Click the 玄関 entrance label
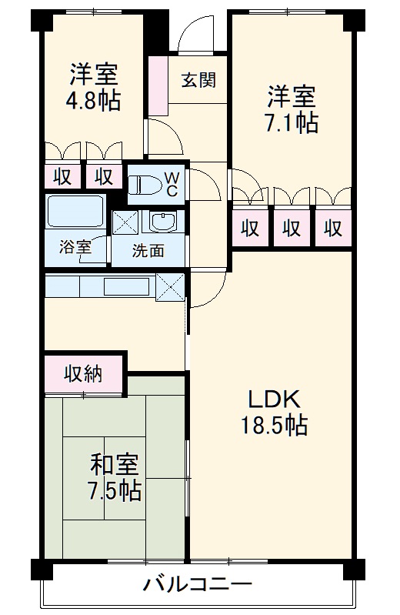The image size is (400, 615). (198, 80)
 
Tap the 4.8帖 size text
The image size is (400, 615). (94, 102)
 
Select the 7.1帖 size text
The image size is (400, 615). (292, 122)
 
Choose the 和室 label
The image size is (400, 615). (115, 464)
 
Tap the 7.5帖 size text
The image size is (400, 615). (115, 490)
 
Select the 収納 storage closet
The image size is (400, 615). (83, 375)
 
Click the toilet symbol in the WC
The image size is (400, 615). (146, 184)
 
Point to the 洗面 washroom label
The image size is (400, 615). (147, 251)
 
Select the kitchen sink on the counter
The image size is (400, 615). (127, 287)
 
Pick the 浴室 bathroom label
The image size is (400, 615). (76, 248)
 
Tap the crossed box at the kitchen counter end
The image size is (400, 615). (171, 287)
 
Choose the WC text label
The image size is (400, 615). (172, 183)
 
